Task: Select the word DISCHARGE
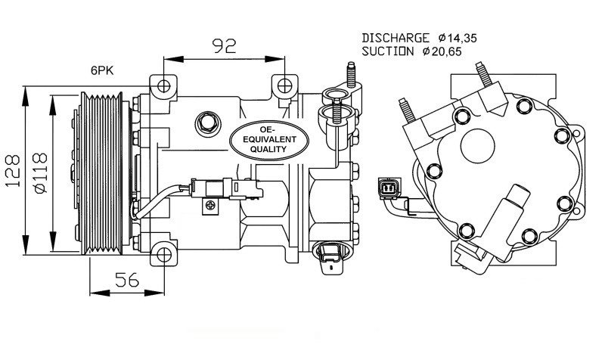(x=396, y=37)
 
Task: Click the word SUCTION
(x=388, y=51)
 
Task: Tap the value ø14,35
(x=459, y=37)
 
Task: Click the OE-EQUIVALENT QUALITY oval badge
(x=270, y=139)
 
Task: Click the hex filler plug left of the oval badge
(x=206, y=121)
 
